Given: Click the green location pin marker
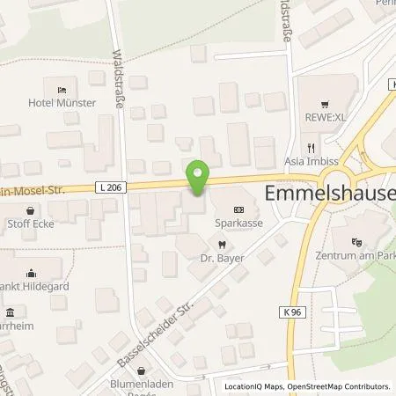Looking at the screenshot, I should [x=199, y=177].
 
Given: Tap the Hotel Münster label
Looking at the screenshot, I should [x=61, y=104].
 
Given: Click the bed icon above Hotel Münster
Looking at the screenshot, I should [x=61, y=90].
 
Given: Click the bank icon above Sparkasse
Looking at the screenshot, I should [x=239, y=209].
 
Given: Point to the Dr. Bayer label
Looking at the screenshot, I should [x=221, y=259].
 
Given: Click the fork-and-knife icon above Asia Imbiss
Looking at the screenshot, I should [x=310, y=149].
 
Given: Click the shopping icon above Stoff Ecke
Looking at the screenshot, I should [x=32, y=211].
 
